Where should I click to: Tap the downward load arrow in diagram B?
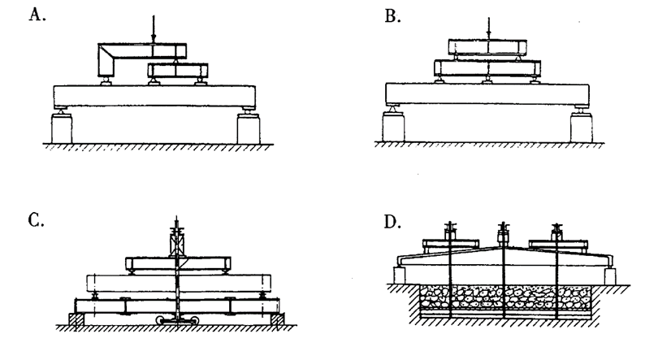[x=488, y=26]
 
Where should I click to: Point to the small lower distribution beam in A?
[x=176, y=72]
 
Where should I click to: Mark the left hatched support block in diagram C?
[x=72, y=321]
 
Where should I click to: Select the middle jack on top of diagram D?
[x=504, y=236]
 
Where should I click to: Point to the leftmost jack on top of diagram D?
[x=448, y=236]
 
